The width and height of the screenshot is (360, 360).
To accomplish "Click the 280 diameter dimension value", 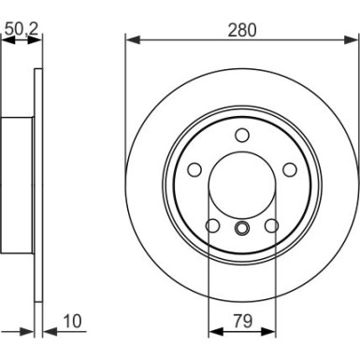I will tap(241, 30).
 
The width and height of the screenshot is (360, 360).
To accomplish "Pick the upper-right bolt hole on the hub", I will tap(289, 168).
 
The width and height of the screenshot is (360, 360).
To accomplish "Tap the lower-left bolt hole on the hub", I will tap(211, 224).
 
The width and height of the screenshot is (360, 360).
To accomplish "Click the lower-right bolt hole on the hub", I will tap(271, 224).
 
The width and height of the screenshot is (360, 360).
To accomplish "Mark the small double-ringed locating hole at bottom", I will tap(241, 230).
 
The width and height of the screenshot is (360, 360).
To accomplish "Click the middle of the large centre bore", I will tap(241, 184).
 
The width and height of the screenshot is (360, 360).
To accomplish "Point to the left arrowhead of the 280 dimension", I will tap(130, 40).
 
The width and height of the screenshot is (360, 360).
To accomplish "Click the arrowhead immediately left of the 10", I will tap(47, 330).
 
